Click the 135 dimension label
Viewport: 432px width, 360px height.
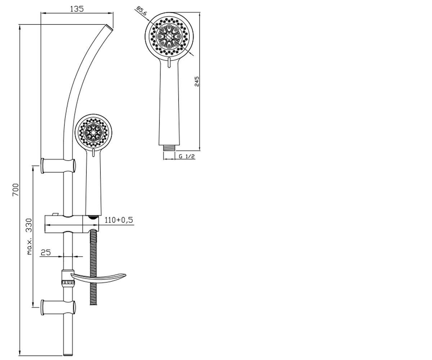point(77,9)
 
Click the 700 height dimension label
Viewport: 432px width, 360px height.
point(15,190)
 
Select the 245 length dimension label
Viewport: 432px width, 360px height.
point(197,81)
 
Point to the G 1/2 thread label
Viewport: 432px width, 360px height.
point(186,156)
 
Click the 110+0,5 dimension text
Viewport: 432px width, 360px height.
point(119,220)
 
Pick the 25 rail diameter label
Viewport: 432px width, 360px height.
point(45,252)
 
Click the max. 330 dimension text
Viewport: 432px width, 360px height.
point(30,236)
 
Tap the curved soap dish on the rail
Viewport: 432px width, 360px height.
point(98,278)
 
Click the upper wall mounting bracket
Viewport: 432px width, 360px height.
point(58,166)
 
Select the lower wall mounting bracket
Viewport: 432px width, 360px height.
point(58,307)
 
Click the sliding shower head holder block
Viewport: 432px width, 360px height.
point(72,224)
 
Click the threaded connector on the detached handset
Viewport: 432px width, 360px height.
point(169,148)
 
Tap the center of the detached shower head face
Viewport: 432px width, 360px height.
point(169,37)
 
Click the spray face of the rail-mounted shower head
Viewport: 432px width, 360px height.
point(93,132)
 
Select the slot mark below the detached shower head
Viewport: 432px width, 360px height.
point(169,63)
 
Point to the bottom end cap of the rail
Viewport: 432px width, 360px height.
point(68,355)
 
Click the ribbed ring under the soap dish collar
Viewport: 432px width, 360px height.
point(68,282)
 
